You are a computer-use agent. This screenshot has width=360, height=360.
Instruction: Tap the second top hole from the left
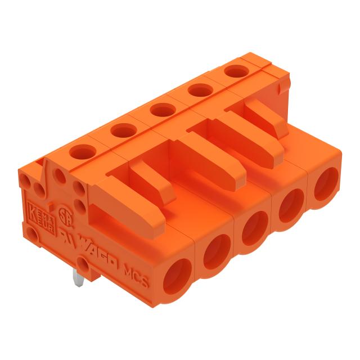coord(121,130)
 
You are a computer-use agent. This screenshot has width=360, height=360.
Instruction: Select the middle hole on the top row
coord(160,109)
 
